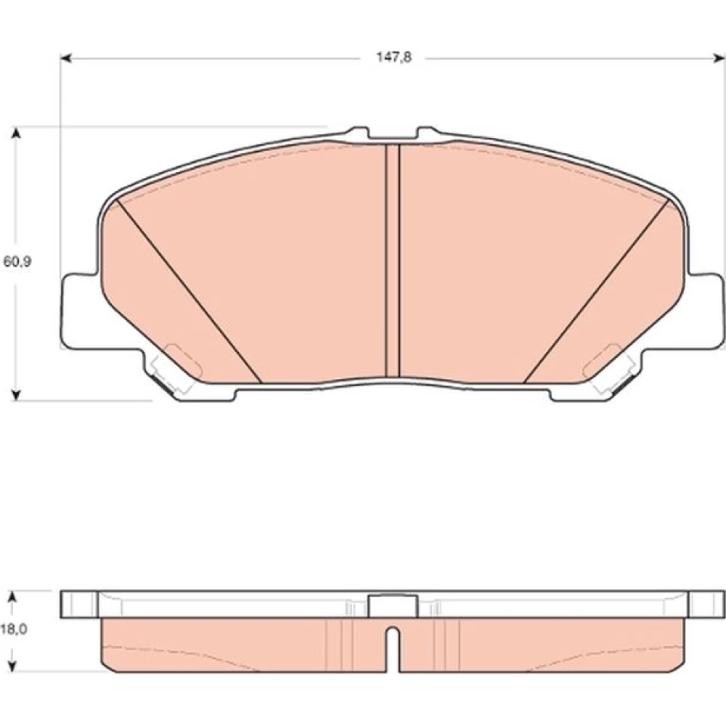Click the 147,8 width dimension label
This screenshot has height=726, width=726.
pos(393,58)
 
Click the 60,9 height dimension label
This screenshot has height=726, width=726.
pos(17,261)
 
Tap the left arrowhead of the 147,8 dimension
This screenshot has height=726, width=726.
pos(66,58)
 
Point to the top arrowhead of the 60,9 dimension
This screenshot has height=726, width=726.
pos(16,133)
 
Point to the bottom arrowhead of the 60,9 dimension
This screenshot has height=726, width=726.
pos(16,394)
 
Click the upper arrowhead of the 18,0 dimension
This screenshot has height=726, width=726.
pos(13,597)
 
